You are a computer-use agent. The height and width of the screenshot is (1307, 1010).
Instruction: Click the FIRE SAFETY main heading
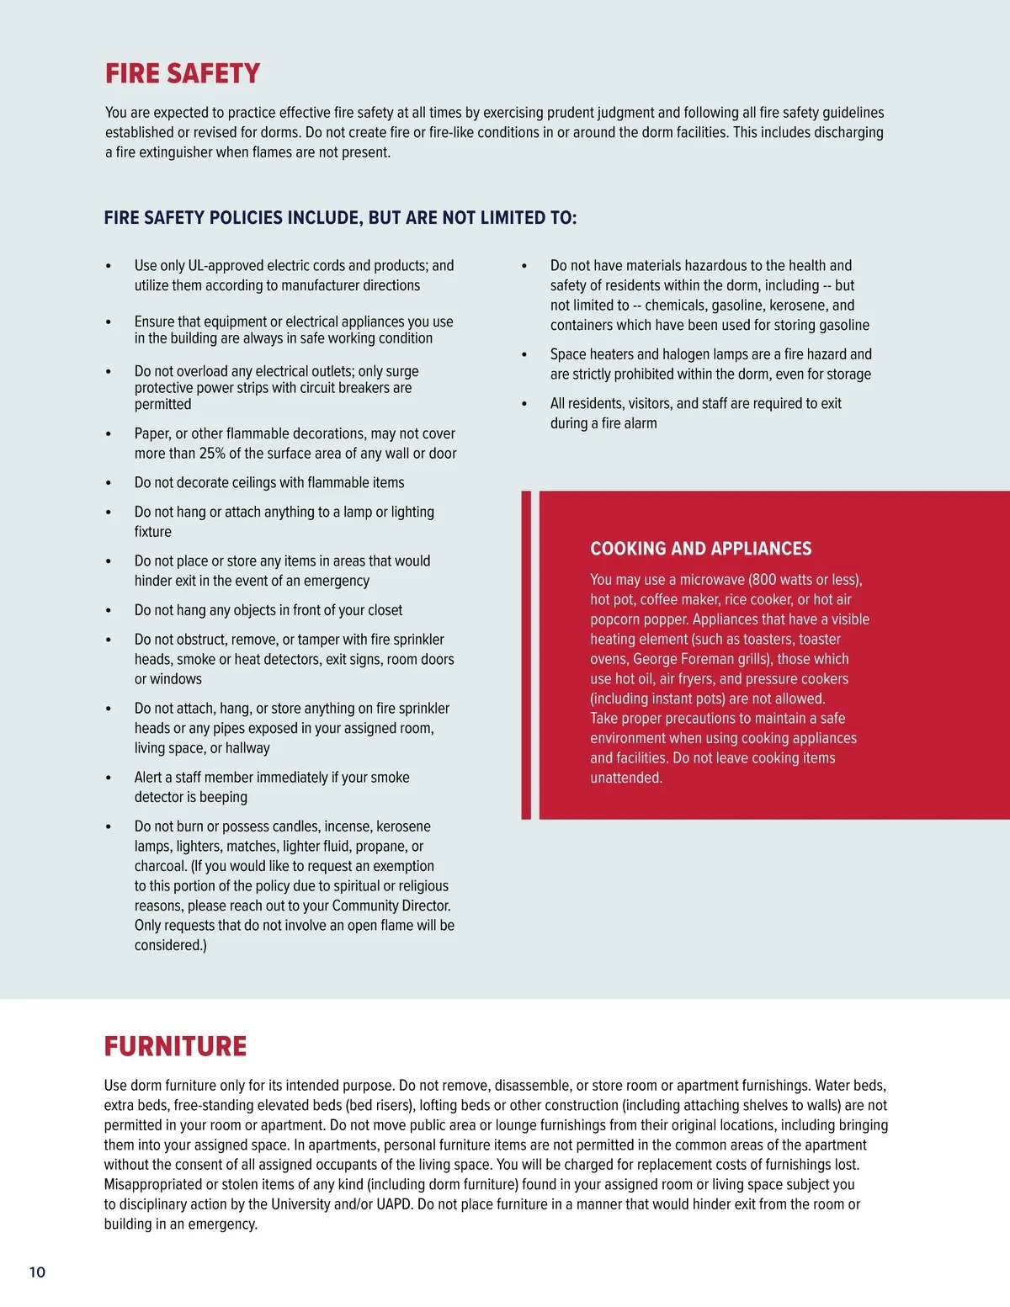183,74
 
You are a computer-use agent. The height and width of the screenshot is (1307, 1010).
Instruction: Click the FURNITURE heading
175,1046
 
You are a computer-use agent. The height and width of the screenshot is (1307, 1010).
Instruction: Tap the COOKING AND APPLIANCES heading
700,549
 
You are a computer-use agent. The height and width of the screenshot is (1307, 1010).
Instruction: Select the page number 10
38,1272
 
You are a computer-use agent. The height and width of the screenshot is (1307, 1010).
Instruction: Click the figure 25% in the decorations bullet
212,454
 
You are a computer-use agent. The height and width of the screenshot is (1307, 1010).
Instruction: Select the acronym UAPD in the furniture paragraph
393,1204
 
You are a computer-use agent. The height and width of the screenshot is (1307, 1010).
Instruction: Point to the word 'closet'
381,610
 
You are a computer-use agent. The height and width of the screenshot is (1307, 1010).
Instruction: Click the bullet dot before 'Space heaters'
524,355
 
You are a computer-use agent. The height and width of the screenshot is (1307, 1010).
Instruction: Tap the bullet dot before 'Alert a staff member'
109,778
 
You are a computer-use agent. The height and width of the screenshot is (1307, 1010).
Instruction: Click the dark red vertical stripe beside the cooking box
526,655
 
